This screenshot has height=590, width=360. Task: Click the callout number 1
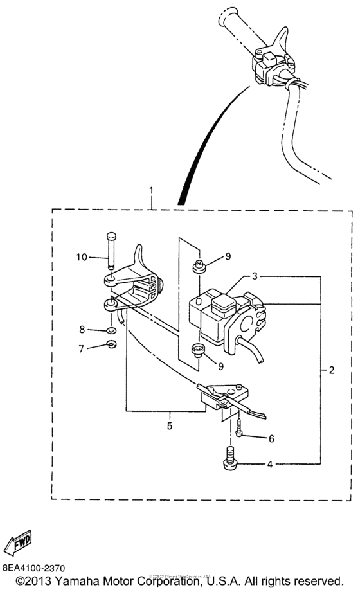[x=152, y=191]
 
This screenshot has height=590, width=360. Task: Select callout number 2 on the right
[x=331, y=370]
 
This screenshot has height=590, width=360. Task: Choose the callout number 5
[x=170, y=425]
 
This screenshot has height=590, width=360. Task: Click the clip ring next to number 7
[x=111, y=348]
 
